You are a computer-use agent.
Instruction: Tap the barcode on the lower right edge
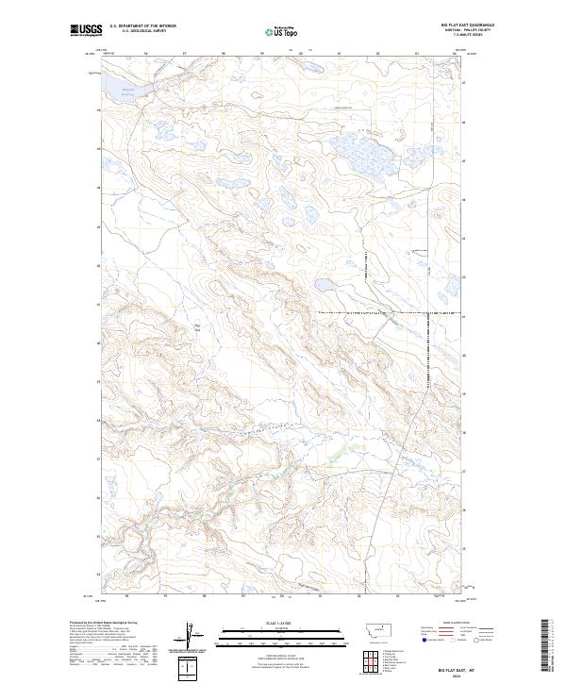[x=550, y=646]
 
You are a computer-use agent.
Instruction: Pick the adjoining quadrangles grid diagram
[x=364, y=659]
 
